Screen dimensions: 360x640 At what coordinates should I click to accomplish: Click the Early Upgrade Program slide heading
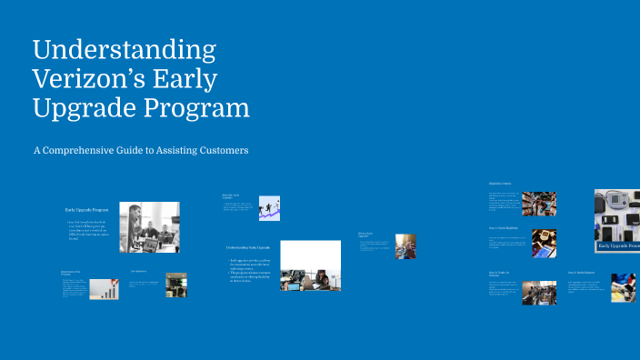tap(85, 210)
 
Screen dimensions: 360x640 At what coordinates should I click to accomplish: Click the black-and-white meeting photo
tap(149, 226)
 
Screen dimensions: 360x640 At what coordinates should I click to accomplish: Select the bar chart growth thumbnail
tap(108, 289)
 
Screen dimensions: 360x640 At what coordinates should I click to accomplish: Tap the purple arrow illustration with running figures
tap(268, 208)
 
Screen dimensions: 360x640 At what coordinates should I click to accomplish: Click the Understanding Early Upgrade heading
tap(248, 247)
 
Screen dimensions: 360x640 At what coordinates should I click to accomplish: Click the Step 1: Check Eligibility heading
tap(503, 227)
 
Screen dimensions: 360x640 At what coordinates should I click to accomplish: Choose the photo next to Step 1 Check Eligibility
tap(544, 243)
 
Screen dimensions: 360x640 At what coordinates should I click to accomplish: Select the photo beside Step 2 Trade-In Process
tap(538, 289)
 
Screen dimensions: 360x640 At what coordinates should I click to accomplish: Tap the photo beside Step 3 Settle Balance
tap(623, 287)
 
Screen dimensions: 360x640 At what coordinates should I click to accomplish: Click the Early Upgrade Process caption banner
tap(617, 245)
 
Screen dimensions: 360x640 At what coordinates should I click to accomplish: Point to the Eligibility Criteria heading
tap(500, 184)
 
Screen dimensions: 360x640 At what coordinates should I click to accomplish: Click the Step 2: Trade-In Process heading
tap(502, 273)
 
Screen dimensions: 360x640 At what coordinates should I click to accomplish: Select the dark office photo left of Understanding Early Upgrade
tap(175, 285)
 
